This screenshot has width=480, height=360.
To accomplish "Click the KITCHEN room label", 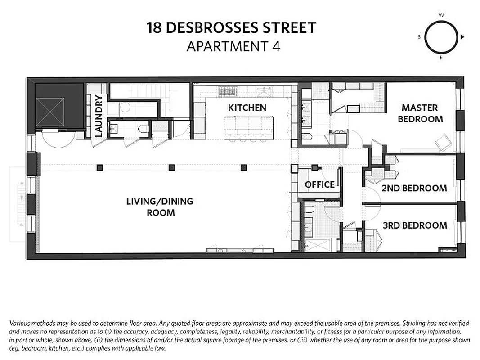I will coord(247,108).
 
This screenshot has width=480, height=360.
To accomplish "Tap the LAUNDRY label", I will coord(99,116).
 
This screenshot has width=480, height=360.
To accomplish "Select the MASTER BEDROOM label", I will coord(420,113).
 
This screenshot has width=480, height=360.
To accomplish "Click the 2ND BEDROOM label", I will coord(414,188).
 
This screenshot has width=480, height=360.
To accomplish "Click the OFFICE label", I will coord(319,184).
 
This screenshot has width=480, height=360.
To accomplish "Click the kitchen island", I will coord(249,127).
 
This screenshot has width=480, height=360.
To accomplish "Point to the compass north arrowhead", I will coord(462,37).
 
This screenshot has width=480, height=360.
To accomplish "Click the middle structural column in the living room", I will coord(171,167).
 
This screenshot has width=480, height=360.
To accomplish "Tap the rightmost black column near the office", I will coord(244,167).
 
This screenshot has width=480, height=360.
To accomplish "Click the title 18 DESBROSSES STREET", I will coord(231,28).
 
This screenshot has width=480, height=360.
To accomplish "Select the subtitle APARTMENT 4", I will coord(233,46).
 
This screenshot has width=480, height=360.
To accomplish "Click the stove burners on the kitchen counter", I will coord(227,91).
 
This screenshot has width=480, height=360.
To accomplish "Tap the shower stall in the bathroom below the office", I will coord(320,245).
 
